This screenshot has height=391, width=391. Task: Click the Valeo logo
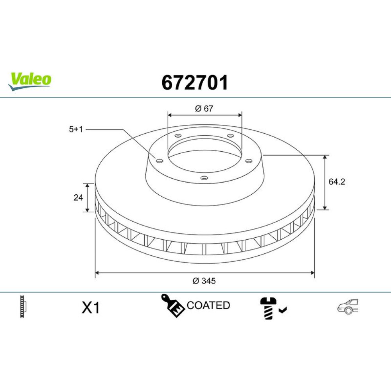[x=29, y=81]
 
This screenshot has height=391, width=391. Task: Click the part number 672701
[x=195, y=83]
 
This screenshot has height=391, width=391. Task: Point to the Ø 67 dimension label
[x=204, y=109]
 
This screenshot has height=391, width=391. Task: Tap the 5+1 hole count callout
[x=76, y=129]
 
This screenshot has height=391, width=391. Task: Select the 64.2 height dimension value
[x=337, y=182]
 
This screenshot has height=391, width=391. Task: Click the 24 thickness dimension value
[x=78, y=197]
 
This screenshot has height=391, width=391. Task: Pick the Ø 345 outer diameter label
[x=204, y=281]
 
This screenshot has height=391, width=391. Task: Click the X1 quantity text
[x=91, y=308]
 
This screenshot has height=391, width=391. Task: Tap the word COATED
[x=208, y=305]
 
